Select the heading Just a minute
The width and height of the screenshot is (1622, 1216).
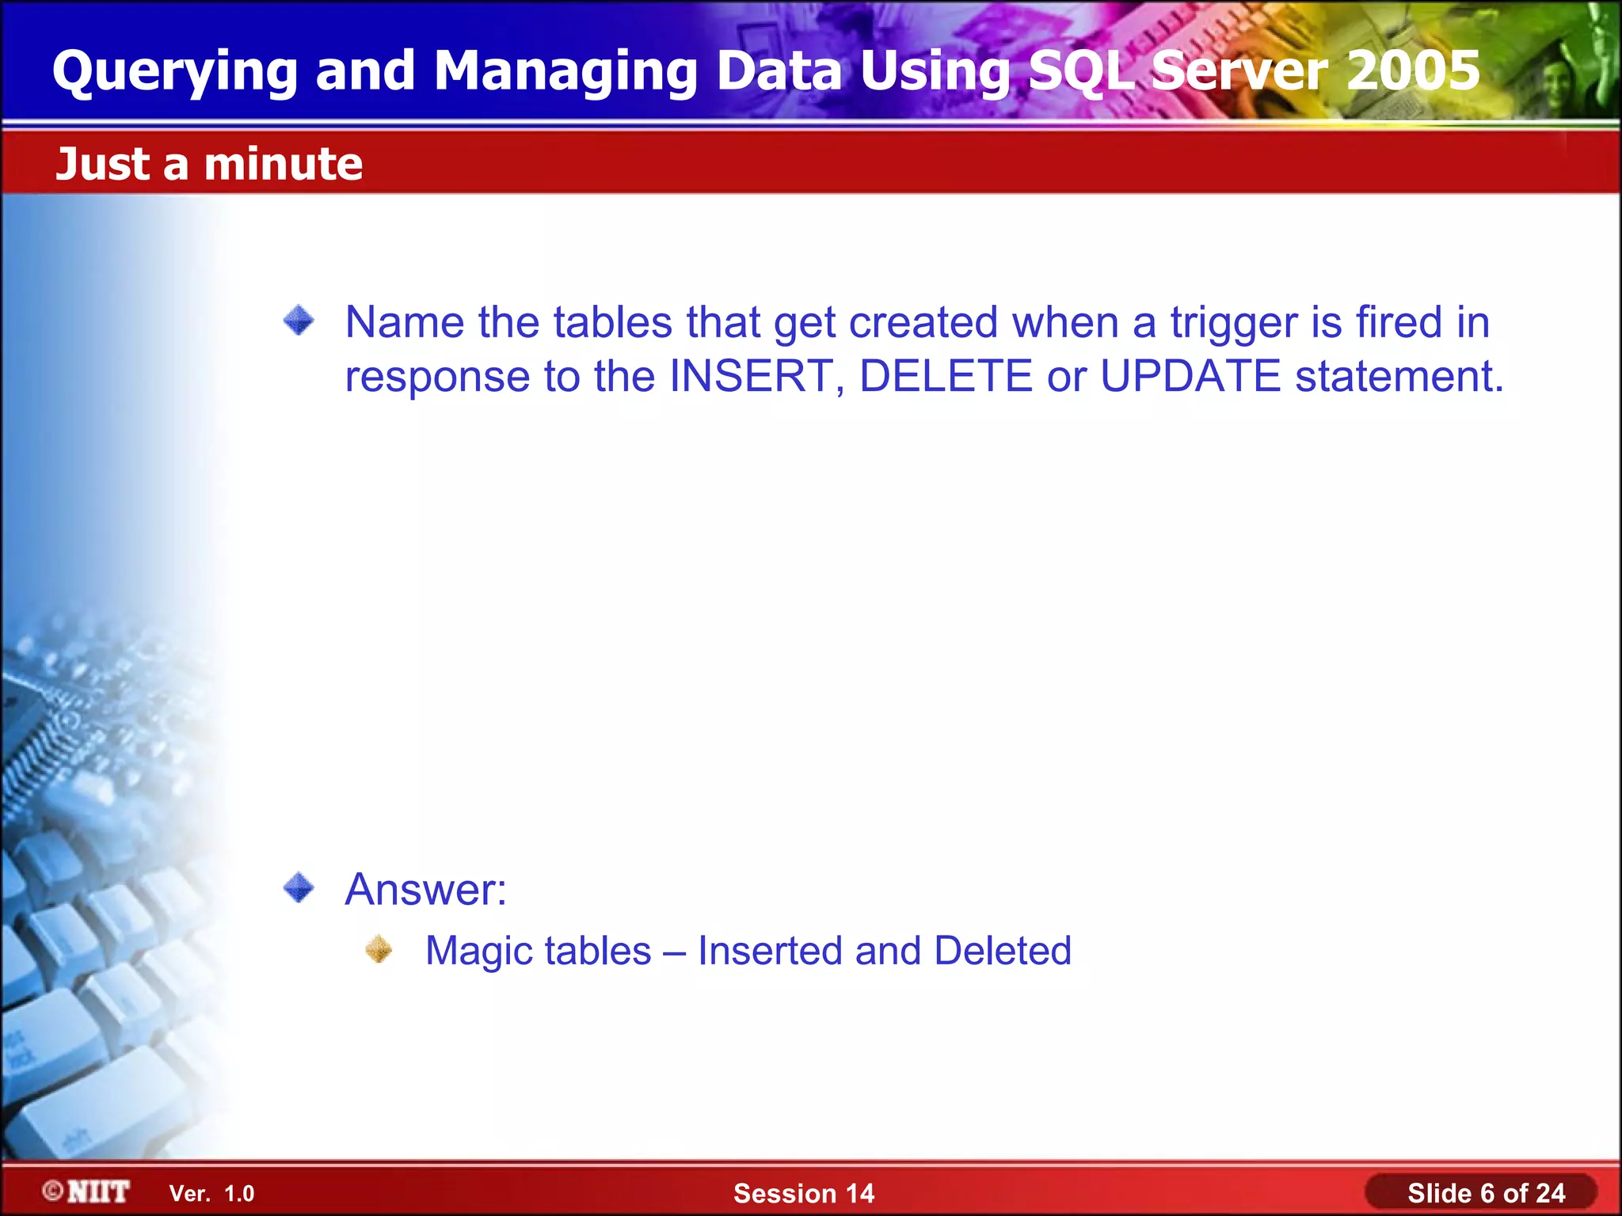coord(209,165)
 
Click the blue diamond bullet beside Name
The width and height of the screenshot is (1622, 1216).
coord(299,321)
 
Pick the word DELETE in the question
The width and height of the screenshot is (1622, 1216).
coord(946,376)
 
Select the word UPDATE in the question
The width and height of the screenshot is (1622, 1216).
coord(1190,376)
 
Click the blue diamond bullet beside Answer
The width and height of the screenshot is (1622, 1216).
coord(299,887)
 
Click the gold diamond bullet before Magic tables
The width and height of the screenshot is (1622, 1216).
coord(379,949)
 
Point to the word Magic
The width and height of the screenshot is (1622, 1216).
coord(484,951)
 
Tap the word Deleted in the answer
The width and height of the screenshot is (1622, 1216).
coord(1003,951)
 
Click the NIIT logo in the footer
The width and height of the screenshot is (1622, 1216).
coord(87,1191)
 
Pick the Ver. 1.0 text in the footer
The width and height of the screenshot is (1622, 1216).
coord(212,1194)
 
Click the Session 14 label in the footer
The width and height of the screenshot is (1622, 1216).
coord(804,1193)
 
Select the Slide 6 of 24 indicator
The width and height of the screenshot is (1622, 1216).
coord(1486,1193)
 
